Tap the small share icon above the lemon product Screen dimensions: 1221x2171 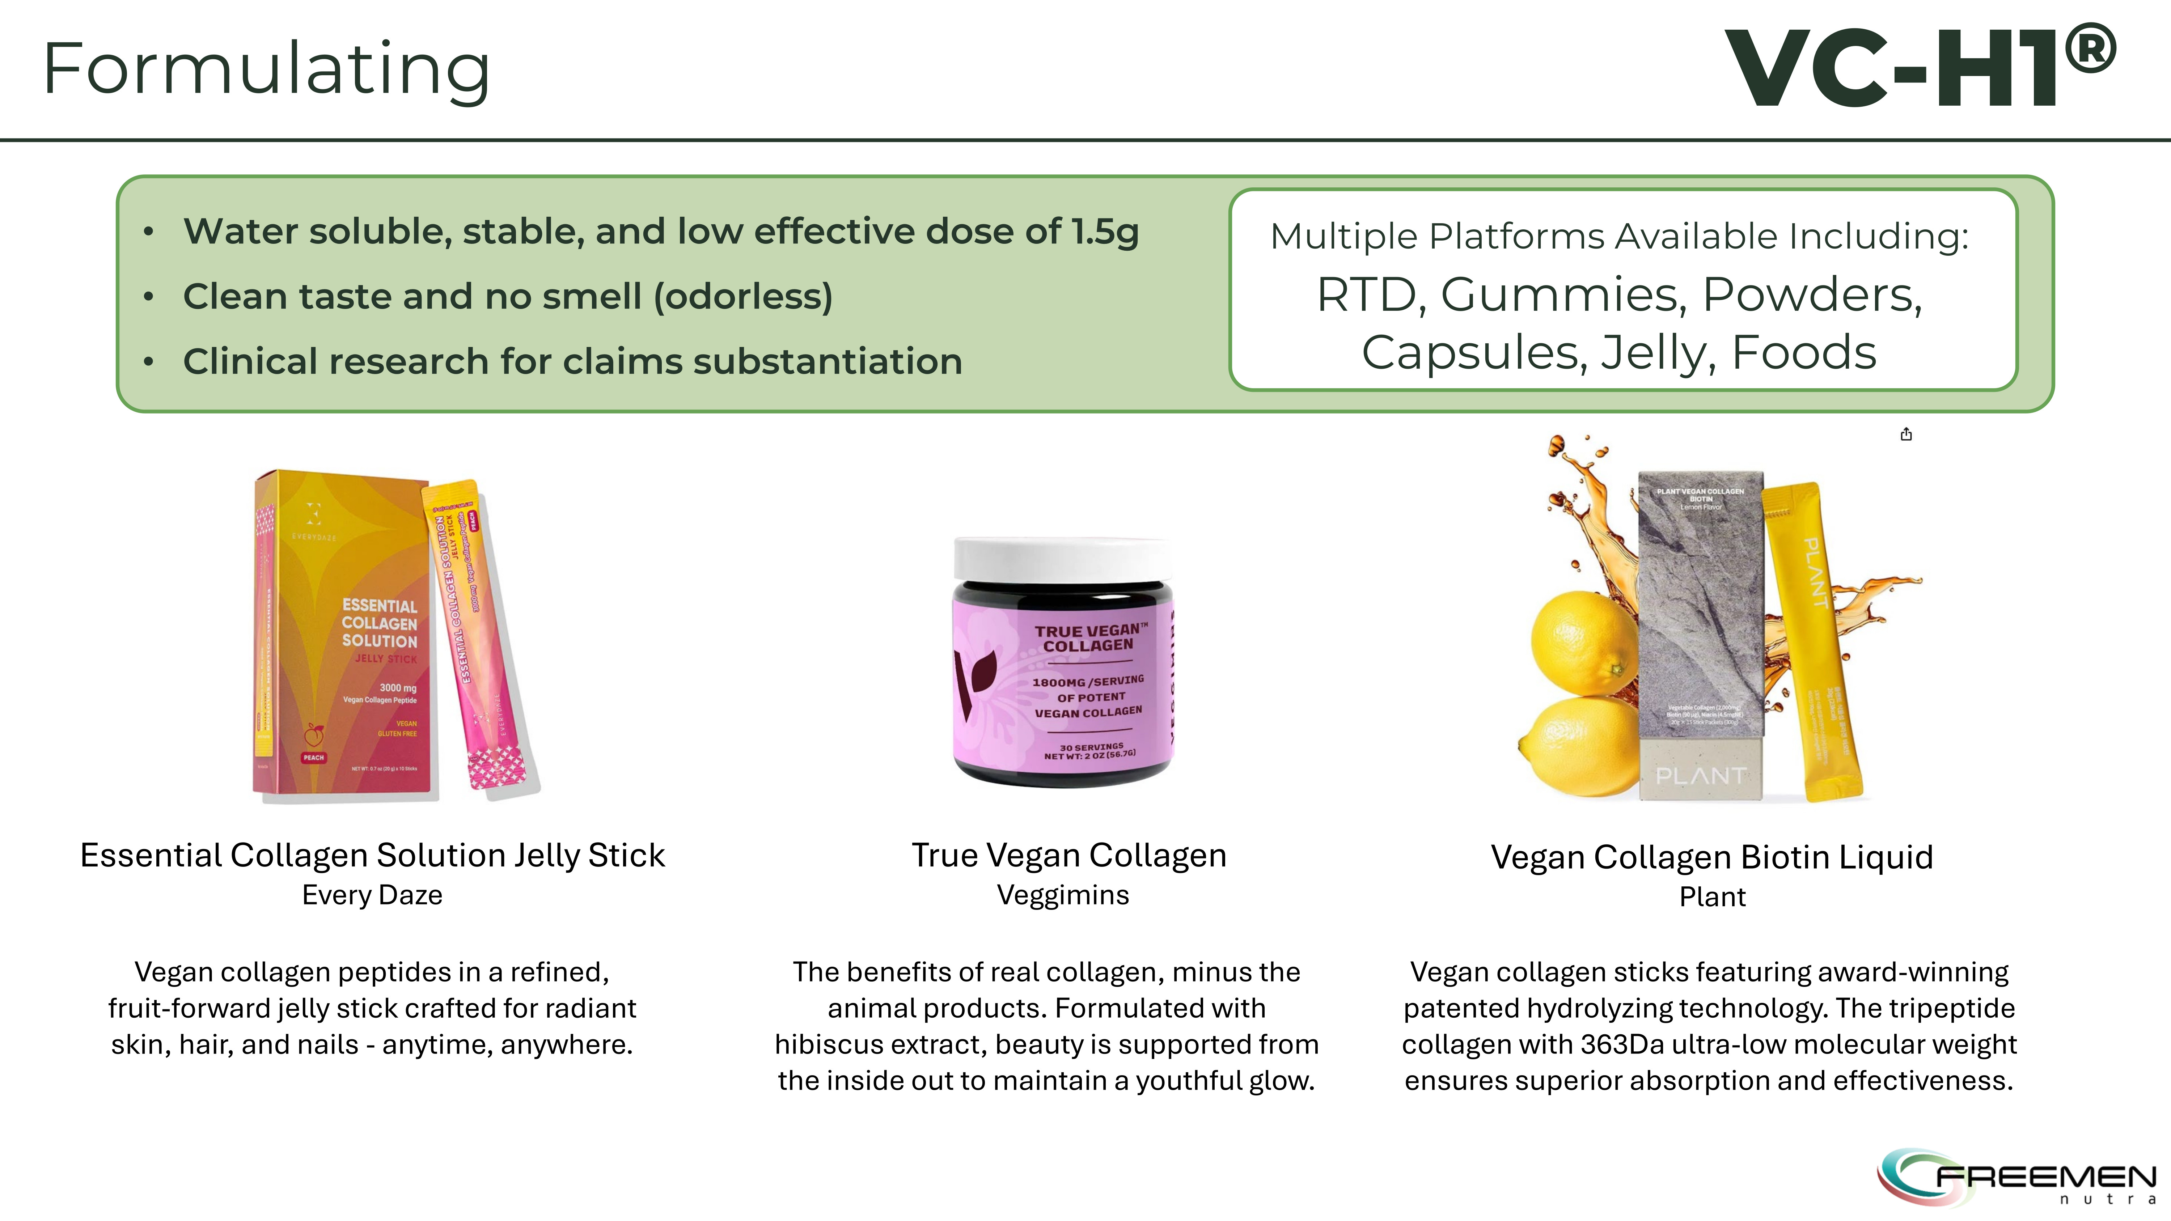pos(1906,434)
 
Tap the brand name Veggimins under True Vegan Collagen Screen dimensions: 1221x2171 pos(1063,895)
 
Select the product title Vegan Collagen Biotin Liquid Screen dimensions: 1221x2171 pos(1712,857)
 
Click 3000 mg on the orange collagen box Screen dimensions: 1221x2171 pos(398,688)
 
